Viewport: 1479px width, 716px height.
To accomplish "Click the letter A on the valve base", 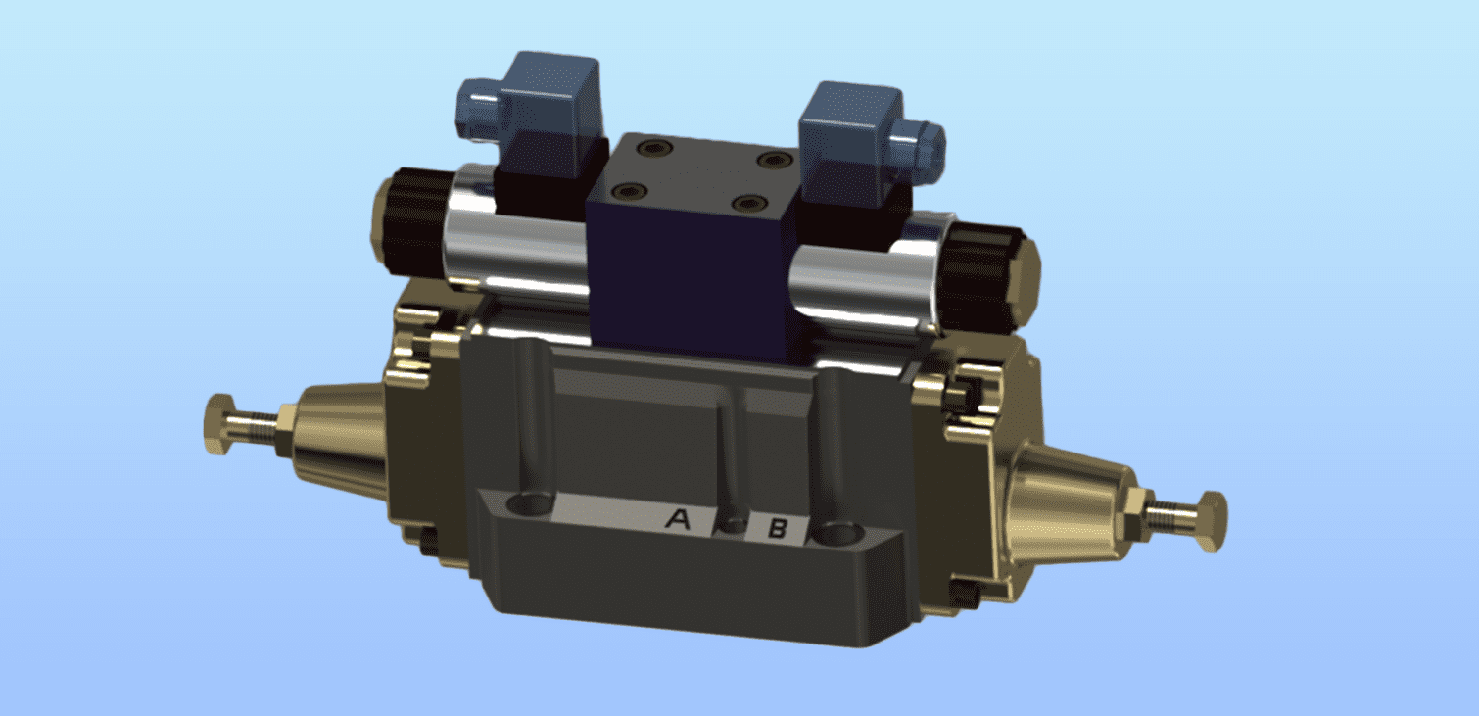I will [677, 518].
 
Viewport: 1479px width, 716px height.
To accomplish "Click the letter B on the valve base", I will [777, 530].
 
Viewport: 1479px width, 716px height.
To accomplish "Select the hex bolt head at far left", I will [219, 423].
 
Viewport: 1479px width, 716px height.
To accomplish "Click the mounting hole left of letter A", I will [530, 505].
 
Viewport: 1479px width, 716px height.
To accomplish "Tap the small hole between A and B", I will [732, 525].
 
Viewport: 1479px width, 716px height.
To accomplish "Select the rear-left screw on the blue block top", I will [650, 147].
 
